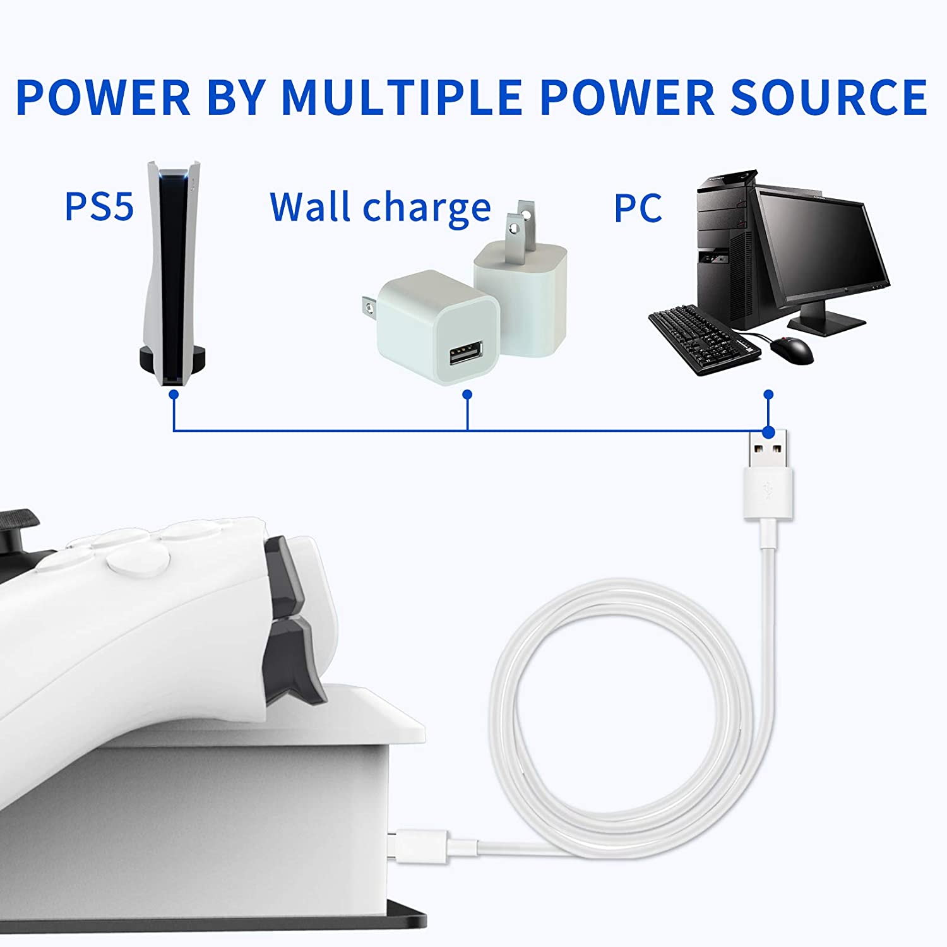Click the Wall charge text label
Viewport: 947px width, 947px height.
pyautogui.click(x=380, y=207)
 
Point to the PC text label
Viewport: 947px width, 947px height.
pyautogui.click(x=638, y=208)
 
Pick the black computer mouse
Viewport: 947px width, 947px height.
pyautogui.click(x=794, y=349)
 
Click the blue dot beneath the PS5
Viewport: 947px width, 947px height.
pyautogui.click(x=174, y=395)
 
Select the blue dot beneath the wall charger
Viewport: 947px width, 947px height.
pyautogui.click(x=467, y=395)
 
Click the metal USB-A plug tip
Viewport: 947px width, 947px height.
pyautogui.click(x=768, y=450)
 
